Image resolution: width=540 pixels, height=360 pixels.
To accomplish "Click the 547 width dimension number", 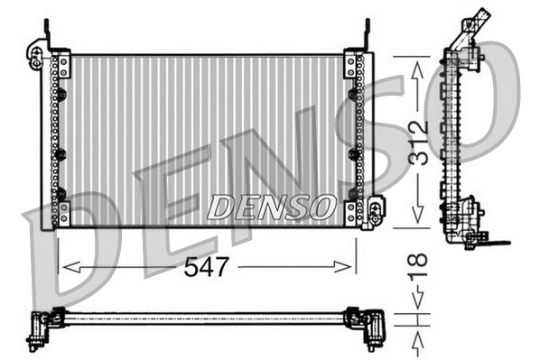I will (x=208, y=266).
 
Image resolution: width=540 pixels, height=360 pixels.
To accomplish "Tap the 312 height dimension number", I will (x=417, y=142).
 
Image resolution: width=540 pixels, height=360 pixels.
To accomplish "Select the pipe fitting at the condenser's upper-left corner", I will (x=36, y=56).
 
